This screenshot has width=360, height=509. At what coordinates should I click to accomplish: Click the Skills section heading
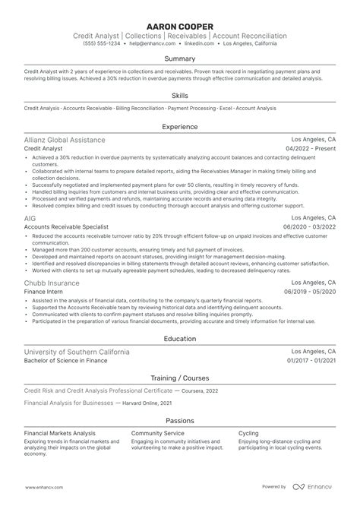click(x=180, y=96)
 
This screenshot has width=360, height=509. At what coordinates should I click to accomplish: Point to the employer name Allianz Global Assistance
click(x=65, y=141)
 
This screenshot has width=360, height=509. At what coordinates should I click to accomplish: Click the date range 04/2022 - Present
click(x=311, y=150)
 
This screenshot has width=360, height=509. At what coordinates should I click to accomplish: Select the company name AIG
click(x=30, y=218)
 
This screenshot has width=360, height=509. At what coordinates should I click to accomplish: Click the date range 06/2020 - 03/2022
click(x=309, y=227)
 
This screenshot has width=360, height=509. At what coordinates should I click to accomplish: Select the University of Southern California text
click(x=76, y=353)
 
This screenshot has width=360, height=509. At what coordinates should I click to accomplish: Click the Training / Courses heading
click(x=180, y=377)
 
